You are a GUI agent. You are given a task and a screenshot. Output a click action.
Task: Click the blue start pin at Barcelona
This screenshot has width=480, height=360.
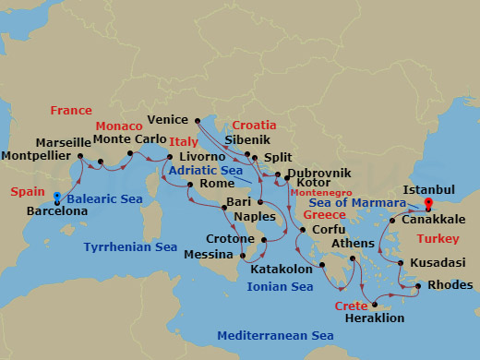click(x=57, y=198)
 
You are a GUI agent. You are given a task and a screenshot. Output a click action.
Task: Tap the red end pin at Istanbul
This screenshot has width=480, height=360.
click(x=428, y=204)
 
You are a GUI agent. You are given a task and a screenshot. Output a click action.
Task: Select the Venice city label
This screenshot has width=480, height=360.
click(x=169, y=120)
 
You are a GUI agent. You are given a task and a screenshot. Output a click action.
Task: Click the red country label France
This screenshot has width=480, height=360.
click(x=71, y=110)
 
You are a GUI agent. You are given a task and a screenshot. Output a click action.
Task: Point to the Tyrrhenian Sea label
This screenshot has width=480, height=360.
click(x=130, y=247)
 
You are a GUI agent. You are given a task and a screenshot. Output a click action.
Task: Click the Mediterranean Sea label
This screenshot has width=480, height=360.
click(x=274, y=336)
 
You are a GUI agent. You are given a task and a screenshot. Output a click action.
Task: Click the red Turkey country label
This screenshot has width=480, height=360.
click(x=438, y=238)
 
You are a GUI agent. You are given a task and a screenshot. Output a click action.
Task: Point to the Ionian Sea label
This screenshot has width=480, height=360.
click(x=281, y=287)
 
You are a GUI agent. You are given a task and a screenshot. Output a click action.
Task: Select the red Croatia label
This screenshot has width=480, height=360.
click(x=254, y=125)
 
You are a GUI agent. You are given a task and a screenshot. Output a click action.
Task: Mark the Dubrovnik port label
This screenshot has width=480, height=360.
click(x=319, y=173)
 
